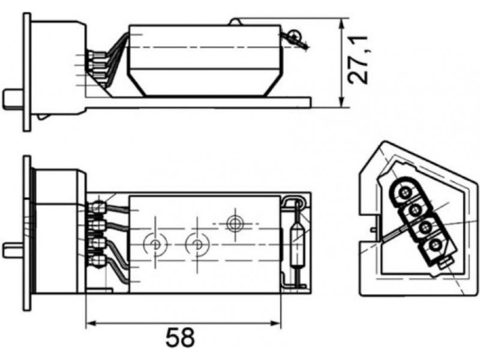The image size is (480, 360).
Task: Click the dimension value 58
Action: click(x=180, y=337)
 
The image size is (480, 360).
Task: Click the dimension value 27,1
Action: click(x=358, y=60)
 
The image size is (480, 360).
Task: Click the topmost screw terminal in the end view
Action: click(x=406, y=192)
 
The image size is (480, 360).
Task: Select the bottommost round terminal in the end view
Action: click(x=436, y=245)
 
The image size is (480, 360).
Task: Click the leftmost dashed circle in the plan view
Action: click(x=155, y=244)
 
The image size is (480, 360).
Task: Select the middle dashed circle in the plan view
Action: click(x=197, y=244)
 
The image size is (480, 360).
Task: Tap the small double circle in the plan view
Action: click(x=235, y=223)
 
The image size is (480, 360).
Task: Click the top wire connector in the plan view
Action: click(x=97, y=208)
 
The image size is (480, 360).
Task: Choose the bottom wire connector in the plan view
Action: click(x=97, y=261)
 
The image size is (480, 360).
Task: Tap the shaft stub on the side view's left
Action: click(x=13, y=99)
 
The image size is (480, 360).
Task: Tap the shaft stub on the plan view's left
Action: click(x=13, y=250)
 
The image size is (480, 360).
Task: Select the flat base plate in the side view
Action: click(x=198, y=103)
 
